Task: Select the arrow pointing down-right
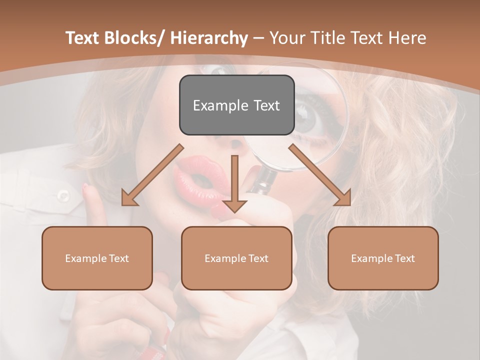coord(320,175)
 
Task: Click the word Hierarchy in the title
coord(209,38)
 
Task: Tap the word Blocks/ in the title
coord(134,38)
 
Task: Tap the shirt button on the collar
coord(63,195)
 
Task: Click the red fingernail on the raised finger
coord(85,187)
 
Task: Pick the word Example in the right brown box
coord(369,258)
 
